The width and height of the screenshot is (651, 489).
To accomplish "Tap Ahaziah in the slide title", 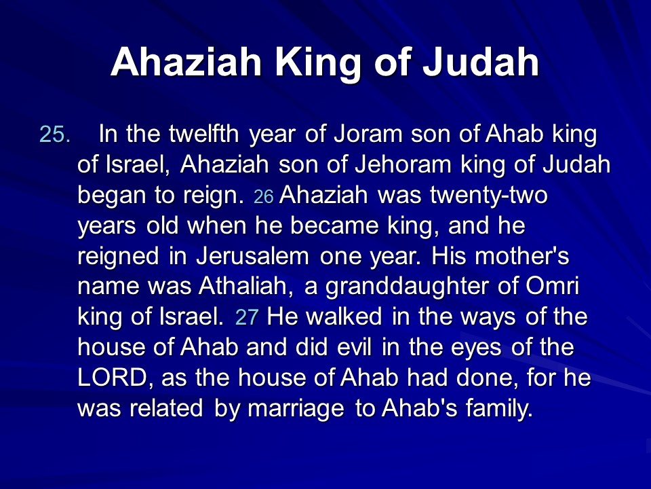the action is [186, 62].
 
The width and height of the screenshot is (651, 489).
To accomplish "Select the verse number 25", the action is [55, 134].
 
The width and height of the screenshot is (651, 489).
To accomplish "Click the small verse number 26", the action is [263, 197].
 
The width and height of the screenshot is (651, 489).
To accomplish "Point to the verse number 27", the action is [247, 317].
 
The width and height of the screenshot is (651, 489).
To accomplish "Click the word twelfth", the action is [204, 134].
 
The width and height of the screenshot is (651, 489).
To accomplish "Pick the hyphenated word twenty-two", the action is [489, 196].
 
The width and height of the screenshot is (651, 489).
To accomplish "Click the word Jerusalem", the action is [252, 256].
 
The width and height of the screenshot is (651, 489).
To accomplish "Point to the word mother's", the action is [521, 256].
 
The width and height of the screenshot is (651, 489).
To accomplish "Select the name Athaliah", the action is [243, 286].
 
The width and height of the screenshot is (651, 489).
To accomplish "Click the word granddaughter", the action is [408, 287].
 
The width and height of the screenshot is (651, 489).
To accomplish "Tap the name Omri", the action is [552, 286].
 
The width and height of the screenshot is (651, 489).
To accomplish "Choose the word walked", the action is [344, 316].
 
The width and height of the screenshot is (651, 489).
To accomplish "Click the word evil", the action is [354, 347].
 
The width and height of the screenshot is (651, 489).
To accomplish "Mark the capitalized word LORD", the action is [112, 378].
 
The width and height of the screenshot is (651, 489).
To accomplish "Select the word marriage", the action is [296, 409].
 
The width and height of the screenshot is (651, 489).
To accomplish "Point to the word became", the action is [334, 225].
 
